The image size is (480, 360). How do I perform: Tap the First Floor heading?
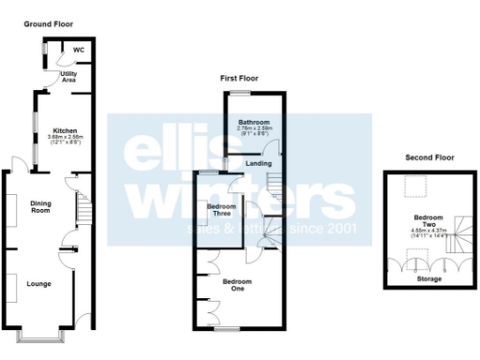coord(238,79)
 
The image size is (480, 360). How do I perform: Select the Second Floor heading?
coord(429,157)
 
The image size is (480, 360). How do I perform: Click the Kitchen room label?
coord(65,130)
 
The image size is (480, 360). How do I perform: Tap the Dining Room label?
coord(40,206)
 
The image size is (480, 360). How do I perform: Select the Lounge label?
coord(38,283)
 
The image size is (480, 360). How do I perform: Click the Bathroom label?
coord(253,122)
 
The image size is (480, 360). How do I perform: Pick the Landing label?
coord(259,164)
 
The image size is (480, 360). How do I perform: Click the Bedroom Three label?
coord(220,209)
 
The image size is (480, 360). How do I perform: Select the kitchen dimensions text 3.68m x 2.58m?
coord(66,139)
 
